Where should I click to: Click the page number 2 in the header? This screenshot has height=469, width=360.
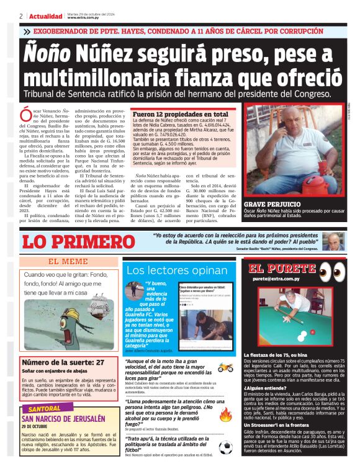click(21, 16)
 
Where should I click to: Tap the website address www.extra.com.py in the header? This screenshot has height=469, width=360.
click(83, 18)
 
